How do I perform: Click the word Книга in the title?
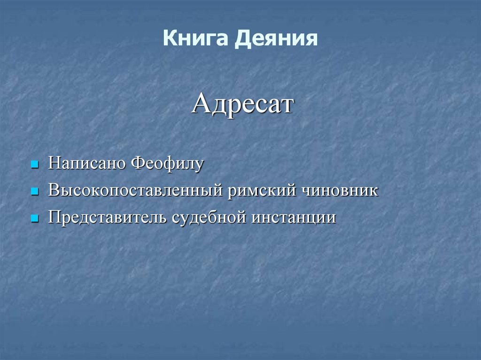coord(195,38)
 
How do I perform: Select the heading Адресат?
coord(242,104)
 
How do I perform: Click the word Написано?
coord(87,164)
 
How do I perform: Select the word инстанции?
coord(294,218)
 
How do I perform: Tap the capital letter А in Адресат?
coord(201,104)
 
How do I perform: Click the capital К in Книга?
coord(169,38)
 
